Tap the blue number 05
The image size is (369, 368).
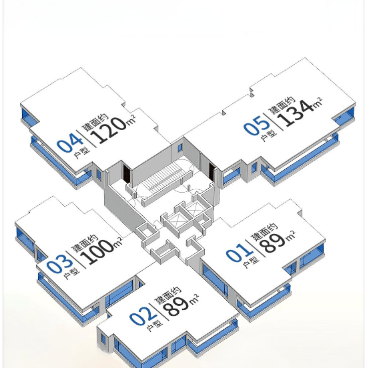click(x=256, y=125)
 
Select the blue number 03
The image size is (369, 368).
click(x=59, y=264)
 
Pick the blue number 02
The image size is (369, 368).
click(x=143, y=316)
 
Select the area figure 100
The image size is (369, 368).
click(x=99, y=252)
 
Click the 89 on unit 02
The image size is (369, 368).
click(x=177, y=307)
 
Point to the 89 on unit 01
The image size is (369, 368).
click(x=274, y=243)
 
